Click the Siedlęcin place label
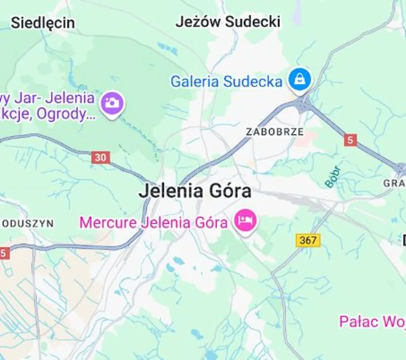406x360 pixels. (43, 23)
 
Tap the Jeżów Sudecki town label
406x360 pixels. (228, 22)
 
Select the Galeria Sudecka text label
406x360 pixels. (226, 81)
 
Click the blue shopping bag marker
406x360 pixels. (300, 79)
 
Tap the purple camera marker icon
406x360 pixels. (112, 103)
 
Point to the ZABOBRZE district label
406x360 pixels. (275, 132)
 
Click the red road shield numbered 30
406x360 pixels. (101, 158)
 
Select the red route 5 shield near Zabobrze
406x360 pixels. (350, 140)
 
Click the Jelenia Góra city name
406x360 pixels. (195, 192)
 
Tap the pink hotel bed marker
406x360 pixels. (246, 221)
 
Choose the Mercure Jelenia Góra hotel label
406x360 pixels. (153, 222)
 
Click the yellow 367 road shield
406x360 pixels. (309, 240)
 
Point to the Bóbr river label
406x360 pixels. (333, 176)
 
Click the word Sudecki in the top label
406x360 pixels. (252, 22)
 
